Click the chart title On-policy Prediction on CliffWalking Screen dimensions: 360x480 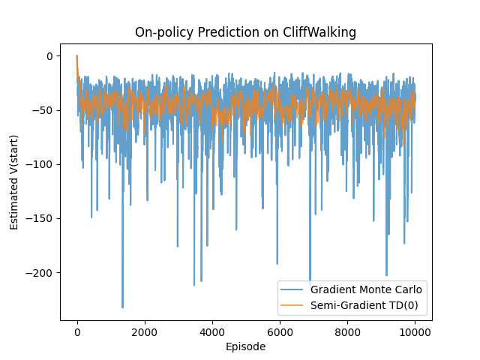245,32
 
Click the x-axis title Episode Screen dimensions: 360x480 245,346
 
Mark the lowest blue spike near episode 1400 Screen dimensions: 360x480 123,307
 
